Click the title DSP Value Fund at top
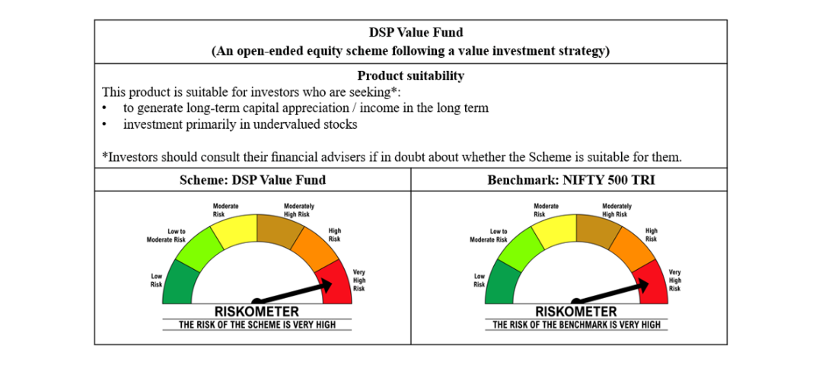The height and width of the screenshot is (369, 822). (x=410, y=33)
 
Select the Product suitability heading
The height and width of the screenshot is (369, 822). (x=410, y=75)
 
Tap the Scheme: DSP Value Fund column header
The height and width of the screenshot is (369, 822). (x=252, y=180)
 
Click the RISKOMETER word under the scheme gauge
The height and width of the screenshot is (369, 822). (x=256, y=312)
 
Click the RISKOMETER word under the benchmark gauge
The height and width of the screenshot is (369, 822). (x=576, y=312)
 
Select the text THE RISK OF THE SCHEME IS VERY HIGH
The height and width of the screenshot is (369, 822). (x=256, y=325)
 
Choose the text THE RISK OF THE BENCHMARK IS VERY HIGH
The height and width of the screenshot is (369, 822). (x=576, y=325)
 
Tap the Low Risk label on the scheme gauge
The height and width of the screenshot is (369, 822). (x=156, y=280)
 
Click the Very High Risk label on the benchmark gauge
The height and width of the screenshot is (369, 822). (x=674, y=280)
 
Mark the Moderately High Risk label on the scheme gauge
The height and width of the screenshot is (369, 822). (x=299, y=210)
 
